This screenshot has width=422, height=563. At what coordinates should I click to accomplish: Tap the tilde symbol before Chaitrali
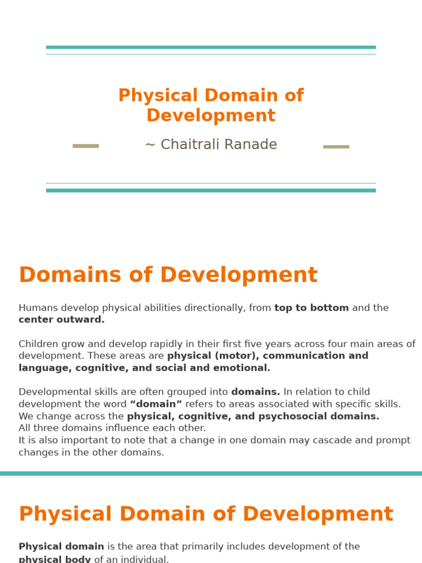click(x=150, y=145)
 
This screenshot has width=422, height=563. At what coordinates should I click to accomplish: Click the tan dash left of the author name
click(x=86, y=146)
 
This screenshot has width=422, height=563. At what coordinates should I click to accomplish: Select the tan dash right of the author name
click(x=336, y=147)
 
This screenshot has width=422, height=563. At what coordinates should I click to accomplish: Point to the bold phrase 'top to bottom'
click(x=312, y=308)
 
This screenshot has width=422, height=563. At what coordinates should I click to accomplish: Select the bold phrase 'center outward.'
click(x=62, y=320)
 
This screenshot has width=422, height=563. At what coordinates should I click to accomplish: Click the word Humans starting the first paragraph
click(x=38, y=308)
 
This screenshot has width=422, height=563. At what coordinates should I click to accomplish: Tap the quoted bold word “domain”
click(x=156, y=405)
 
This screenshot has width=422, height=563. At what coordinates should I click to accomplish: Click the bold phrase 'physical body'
click(x=55, y=559)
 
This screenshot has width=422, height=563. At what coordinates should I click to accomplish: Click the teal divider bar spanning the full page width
click(x=211, y=473)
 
